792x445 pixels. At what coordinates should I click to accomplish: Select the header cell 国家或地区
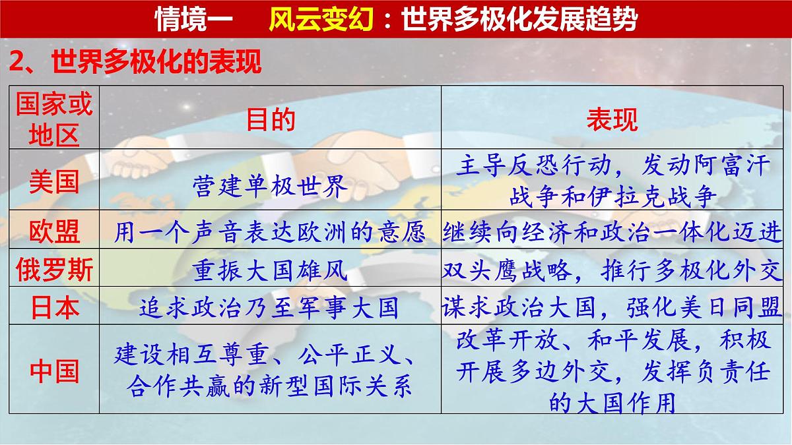pos(54,119)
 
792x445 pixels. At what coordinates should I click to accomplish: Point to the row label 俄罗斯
pos(54,270)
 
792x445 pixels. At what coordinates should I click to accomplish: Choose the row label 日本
pos(54,307)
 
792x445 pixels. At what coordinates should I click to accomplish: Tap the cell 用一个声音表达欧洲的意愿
pos(271,231)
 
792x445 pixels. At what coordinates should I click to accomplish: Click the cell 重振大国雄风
pos(271,270)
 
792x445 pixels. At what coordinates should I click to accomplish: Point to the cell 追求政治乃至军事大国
pos(271,307)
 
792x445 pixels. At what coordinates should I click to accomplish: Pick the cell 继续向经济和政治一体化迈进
pos(612,231)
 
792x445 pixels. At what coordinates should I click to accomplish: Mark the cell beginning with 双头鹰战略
pos(612,270)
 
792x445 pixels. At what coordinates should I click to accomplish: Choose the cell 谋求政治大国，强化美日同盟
pos(612,307)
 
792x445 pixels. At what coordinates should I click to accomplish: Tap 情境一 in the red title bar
pos(193,20)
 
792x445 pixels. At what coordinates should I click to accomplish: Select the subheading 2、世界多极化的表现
pos(135,63)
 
